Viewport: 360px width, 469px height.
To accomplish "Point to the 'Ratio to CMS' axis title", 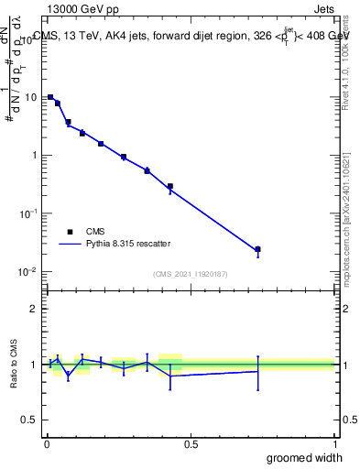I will [14, 365].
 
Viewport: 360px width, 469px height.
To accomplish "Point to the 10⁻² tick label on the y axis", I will [29, 271].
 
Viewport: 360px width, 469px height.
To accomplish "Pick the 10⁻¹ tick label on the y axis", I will [29, 213].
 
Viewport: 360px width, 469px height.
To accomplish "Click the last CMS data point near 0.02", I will [258, 249].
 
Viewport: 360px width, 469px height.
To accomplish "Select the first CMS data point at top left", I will [50, 97].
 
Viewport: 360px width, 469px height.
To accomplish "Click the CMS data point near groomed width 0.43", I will [170, 186].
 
